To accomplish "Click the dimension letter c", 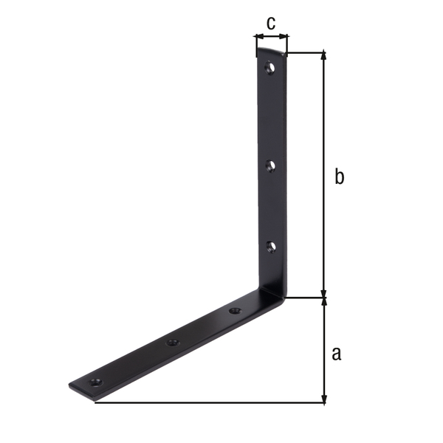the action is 271,23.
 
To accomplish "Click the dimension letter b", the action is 339,176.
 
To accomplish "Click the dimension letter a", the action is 337,353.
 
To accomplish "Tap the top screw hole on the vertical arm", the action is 270,67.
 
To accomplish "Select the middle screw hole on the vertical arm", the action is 271,165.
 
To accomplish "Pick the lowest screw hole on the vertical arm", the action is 271,247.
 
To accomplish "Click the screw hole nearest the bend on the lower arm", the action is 235,311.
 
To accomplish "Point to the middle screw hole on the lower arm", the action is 172,343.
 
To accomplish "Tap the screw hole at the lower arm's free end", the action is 96,382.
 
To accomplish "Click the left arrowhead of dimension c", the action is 258,36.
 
